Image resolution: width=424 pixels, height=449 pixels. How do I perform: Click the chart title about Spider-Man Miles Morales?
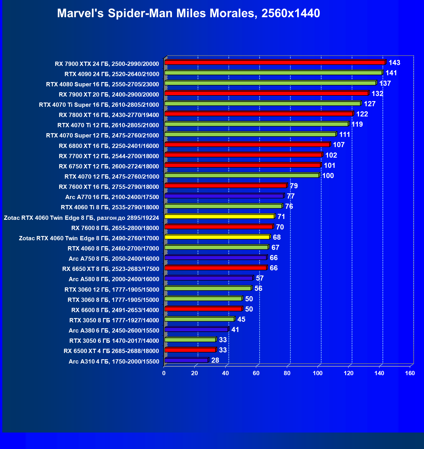click(188, 13)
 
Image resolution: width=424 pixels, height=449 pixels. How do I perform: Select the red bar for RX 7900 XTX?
click(275, 62)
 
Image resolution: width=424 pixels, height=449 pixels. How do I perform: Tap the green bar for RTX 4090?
click(273, 73)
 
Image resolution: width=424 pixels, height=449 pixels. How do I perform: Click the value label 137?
click(385, 83)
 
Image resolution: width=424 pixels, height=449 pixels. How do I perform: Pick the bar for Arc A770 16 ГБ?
click(224, 196)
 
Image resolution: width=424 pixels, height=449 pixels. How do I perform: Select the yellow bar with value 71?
click(219, 217)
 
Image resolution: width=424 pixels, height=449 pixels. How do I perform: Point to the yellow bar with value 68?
click(217, 237)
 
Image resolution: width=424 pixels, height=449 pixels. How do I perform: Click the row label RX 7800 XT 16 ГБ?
click(109, 115)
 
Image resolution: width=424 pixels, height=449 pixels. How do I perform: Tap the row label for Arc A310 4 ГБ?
click(114, 362)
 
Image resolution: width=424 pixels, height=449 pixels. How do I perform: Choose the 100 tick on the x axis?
click(318, 373)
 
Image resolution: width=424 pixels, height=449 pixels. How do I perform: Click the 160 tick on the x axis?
click(410, 373)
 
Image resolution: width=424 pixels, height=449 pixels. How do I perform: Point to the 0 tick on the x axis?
click(164, 373)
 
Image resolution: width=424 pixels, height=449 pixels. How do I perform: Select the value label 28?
click(215, 360)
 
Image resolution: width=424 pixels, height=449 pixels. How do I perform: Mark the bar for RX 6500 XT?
click(190, 350)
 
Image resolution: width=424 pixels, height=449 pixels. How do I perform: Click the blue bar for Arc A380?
click(196, 329)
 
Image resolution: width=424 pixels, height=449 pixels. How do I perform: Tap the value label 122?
click(362, 114)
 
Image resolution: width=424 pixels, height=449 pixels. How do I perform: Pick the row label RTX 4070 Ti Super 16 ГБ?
click(99, 105)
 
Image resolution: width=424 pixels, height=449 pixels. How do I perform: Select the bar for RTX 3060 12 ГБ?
click(208, 289)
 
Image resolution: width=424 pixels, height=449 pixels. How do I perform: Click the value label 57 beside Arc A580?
click(260, 278)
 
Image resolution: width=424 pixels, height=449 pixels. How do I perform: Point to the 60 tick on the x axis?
click(256, 373)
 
